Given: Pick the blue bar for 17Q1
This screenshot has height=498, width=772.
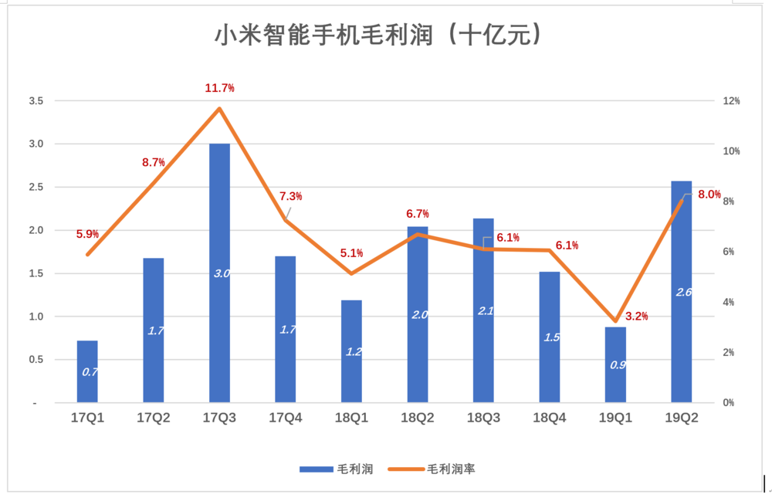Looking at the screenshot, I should (87, 371).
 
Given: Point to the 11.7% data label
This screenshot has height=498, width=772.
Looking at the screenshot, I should (219, 89).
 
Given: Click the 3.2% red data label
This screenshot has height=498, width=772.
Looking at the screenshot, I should (636, 316).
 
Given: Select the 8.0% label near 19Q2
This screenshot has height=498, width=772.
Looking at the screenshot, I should (709, 195).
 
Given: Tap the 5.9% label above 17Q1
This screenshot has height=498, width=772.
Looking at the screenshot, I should (87, 234).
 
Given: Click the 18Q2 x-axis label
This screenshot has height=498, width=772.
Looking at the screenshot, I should (418, 418).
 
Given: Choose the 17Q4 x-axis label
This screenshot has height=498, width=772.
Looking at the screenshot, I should (286, 418).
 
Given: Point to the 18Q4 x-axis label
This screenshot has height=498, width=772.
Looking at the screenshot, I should (550, 418).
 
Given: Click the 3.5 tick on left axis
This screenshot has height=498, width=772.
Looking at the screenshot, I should (36, 101).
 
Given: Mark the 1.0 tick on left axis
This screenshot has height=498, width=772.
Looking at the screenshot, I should (36, 317).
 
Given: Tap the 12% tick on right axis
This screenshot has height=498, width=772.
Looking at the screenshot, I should (730, 101).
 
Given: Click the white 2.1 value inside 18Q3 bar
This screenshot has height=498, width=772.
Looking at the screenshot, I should (485, 311).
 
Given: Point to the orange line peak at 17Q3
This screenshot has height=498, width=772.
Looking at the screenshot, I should (219, 108).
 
